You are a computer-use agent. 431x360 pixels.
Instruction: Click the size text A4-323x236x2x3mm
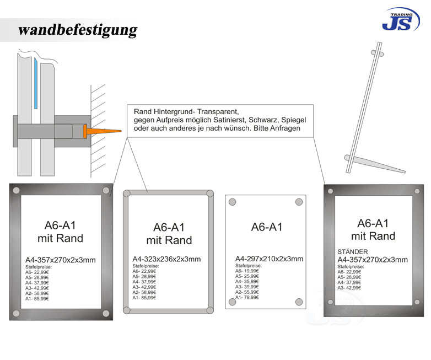166,259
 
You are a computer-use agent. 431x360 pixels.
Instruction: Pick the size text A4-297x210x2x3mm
269,259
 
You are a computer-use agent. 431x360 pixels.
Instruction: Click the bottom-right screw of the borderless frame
298,302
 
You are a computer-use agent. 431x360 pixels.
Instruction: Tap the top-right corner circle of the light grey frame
209,194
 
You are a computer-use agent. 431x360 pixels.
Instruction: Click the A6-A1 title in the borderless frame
267,227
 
